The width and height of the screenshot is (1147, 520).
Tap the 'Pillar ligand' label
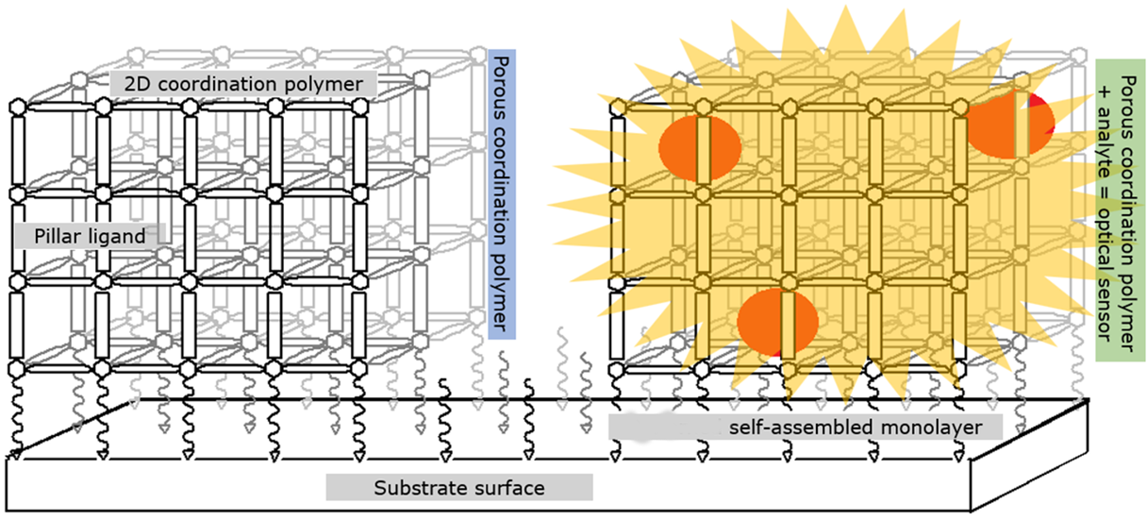(x=90, y=236)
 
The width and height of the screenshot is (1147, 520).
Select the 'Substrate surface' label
(x=458, y=488)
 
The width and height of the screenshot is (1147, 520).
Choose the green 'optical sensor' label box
(x=1120, y=211)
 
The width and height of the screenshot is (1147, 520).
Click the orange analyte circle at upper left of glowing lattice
(x=698, y=150)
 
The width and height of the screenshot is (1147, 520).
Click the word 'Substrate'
(x=415, y=488)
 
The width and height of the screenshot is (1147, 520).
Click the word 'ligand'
(x=119, y=236)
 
